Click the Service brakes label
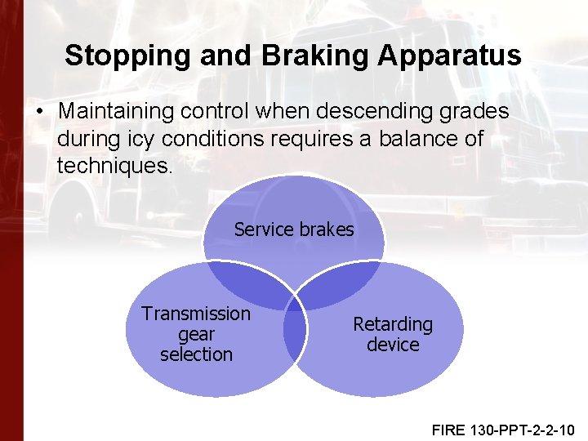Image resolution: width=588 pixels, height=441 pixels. tap(294, 229)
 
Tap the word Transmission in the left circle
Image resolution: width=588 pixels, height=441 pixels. tap(196, 314)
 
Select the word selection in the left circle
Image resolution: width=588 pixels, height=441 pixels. tap(196, 354)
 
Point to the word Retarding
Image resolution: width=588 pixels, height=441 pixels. tap(393, 324)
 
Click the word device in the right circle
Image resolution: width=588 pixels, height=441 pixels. tap(393, 345)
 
